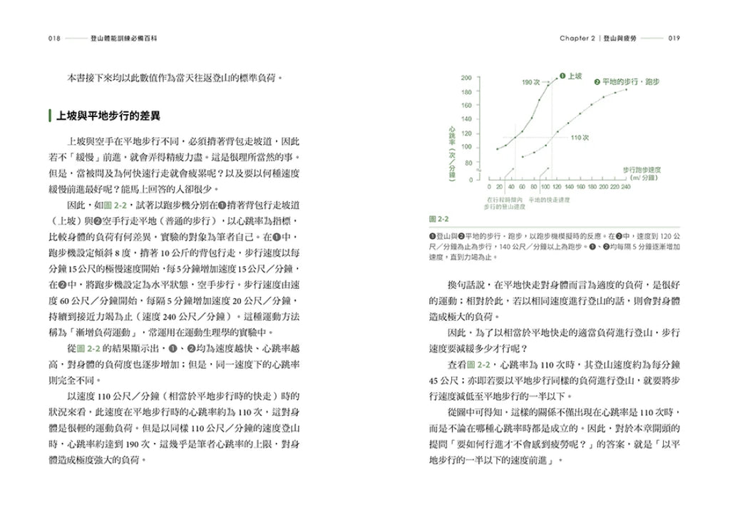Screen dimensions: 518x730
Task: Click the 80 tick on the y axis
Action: (x=468, y=163)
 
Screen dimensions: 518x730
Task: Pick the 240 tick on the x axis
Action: (x=625, y=186)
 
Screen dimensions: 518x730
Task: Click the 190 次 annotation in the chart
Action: (x=531, y=83)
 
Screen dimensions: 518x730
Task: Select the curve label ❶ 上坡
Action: (x=571, y=75)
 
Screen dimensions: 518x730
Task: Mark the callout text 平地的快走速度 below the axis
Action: (x=549, y=200)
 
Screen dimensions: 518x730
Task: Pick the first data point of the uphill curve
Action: (x=498, y=149)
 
